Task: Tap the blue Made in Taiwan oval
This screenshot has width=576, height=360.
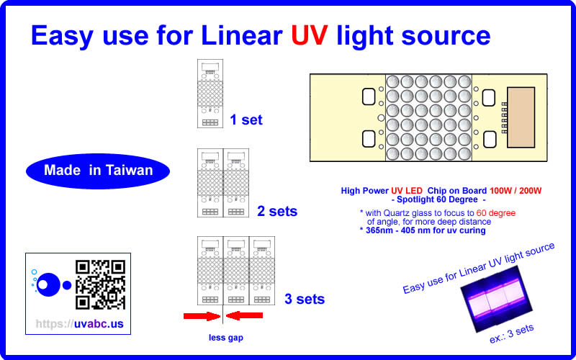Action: pyautogui.click(x=98, y=171)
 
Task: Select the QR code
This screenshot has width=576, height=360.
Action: pyautogui.click(x=100, y=284)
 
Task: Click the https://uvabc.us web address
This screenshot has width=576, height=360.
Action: pyautogui.click(x=79, y=324)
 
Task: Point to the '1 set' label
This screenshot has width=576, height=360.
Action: pyautogui.click(x=246, y=120)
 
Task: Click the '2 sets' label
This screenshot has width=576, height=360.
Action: pyautogui.click(x=277, y=212)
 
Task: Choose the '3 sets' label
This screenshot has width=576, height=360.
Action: pyautogui.click(x=305, y=299)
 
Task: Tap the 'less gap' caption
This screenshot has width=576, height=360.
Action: pyautogui.click(x=225, y=338)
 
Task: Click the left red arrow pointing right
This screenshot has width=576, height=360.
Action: pyautogui.click(x=201, y=315)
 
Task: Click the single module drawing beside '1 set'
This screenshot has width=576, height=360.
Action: pyautogui.click(x=210, y=94)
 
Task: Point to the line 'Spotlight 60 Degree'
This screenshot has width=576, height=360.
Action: pyautogui.click(x=438, y=199)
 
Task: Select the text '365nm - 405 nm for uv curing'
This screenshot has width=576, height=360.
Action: pyautogui.click(x=423, y=230)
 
